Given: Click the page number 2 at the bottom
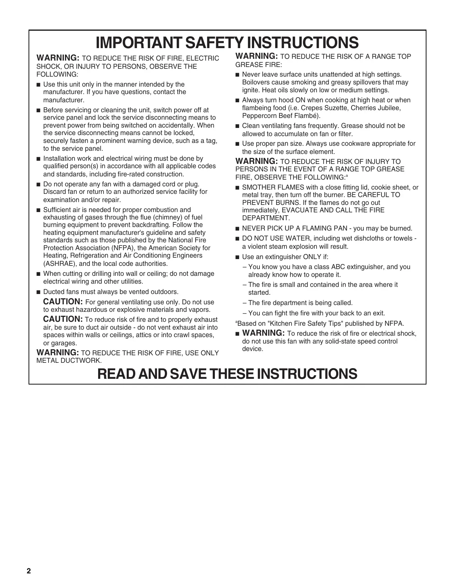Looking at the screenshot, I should (x=29, y=571).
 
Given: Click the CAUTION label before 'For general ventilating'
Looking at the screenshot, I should (x=63, y=302).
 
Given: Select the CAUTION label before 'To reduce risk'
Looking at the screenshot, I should (x=63, y=319).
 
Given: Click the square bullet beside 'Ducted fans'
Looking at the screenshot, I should (x=39, y=292).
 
